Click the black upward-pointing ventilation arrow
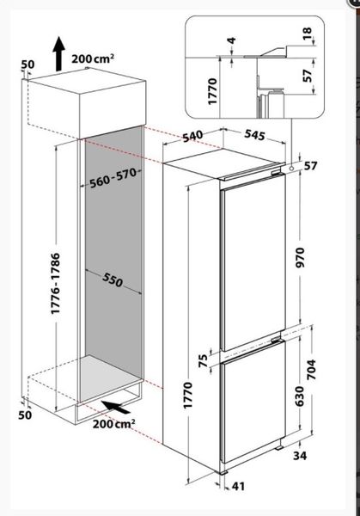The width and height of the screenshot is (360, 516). [58, 53]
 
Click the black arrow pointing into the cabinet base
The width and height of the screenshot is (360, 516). [115, 408]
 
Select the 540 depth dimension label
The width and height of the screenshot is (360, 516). [192, 136]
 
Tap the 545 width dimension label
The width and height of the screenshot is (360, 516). [255, 135]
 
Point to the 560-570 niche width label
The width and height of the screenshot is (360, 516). [113, 177]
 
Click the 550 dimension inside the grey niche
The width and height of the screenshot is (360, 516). [113, 280]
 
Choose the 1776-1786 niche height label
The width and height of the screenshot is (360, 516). [56, 283]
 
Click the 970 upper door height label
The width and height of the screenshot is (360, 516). [301, 258]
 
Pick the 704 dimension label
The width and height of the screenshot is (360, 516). [311, 370]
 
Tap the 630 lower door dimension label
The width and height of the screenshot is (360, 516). [300, 396]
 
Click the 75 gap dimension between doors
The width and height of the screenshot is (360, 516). [204, 360]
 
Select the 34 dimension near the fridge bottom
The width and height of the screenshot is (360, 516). [300, 456]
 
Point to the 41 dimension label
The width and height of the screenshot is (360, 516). [238, 486]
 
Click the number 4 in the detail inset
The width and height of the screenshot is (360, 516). [232, 40]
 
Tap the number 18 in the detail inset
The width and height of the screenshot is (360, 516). [307, 34]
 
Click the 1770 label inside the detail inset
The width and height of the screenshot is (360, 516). [213, 91]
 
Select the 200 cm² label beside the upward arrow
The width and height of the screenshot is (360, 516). [93, 58]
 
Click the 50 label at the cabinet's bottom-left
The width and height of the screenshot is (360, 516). [25, 415]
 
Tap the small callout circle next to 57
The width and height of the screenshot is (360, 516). [291, 168]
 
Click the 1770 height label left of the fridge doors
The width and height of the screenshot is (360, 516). [187, 396]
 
